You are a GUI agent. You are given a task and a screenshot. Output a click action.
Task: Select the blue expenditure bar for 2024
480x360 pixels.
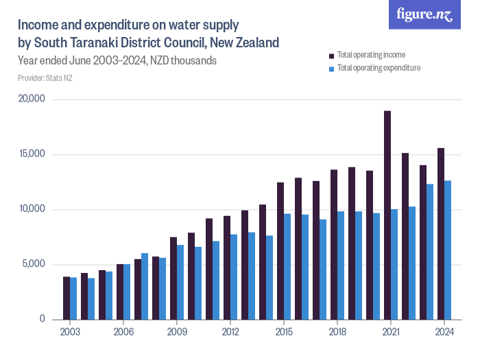click(x=447, y=250)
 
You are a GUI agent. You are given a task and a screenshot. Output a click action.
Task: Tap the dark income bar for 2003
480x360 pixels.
click(x=67, y=298)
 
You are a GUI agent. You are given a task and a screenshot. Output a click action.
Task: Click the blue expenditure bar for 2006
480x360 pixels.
click(x=127, y=291)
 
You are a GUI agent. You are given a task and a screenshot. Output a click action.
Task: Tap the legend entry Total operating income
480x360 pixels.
click(x=370, y=54)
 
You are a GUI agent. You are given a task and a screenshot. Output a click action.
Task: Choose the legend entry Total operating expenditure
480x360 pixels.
click(x=374, y=68)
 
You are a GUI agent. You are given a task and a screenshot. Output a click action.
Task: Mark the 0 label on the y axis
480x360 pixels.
click(x=42, y=319)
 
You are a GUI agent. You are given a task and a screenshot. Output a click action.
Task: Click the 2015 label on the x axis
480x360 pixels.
click(x=284, y=332)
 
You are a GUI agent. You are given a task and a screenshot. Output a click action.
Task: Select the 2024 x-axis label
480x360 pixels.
click(x=444, y=332)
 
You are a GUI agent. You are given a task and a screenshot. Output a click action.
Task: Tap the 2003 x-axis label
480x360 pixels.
click(x=70, y=332)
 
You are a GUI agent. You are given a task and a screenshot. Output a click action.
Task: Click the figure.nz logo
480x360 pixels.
click(x=424, y=14)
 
